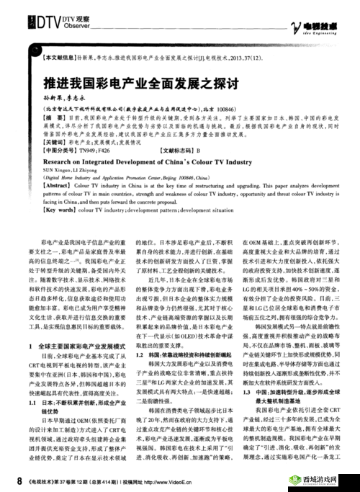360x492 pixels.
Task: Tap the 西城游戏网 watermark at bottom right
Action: click(320, 478)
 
